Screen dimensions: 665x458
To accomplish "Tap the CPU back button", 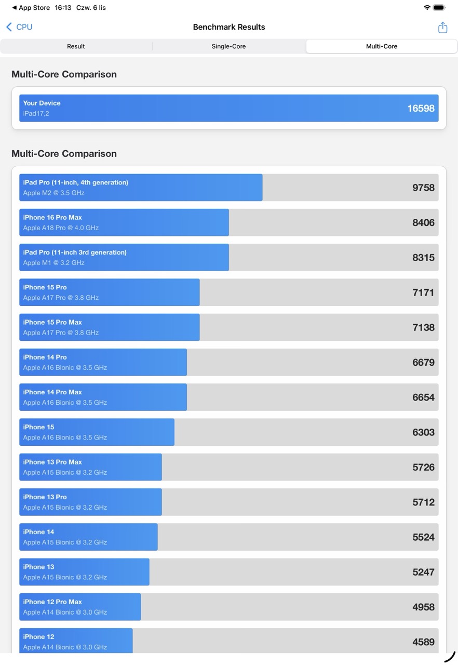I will (19, 27).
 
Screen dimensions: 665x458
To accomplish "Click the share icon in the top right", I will (442, 28).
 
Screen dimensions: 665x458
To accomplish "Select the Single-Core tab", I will (228, 46).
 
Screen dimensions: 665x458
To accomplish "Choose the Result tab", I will (76, 46).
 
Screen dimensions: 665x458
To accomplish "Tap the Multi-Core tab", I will (381, 46).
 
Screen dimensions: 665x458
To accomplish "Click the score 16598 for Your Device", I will (421, 108).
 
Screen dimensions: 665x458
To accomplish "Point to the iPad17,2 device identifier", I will (36, 113).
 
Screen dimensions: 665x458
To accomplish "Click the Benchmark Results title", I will (229, 27).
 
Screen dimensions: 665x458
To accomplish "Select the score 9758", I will (423, 188).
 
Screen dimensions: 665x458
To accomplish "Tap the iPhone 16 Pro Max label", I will (52, 217).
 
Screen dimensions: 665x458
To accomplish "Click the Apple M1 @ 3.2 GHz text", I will (53, 262).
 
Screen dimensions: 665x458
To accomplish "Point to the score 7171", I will (423, 292).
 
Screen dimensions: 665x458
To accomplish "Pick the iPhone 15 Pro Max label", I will (52, 322).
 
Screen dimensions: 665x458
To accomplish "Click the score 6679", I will (423, 362).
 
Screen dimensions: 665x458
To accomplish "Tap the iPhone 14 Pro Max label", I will (52, 392).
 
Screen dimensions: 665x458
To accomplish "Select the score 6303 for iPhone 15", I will (423, 432).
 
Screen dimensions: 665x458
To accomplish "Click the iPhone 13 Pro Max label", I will (52, 462).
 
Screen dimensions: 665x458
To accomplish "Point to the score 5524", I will (423, 537).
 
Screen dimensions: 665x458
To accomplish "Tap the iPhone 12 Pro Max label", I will (52, 602).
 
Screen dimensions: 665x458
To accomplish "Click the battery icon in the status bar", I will (439, 8).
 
